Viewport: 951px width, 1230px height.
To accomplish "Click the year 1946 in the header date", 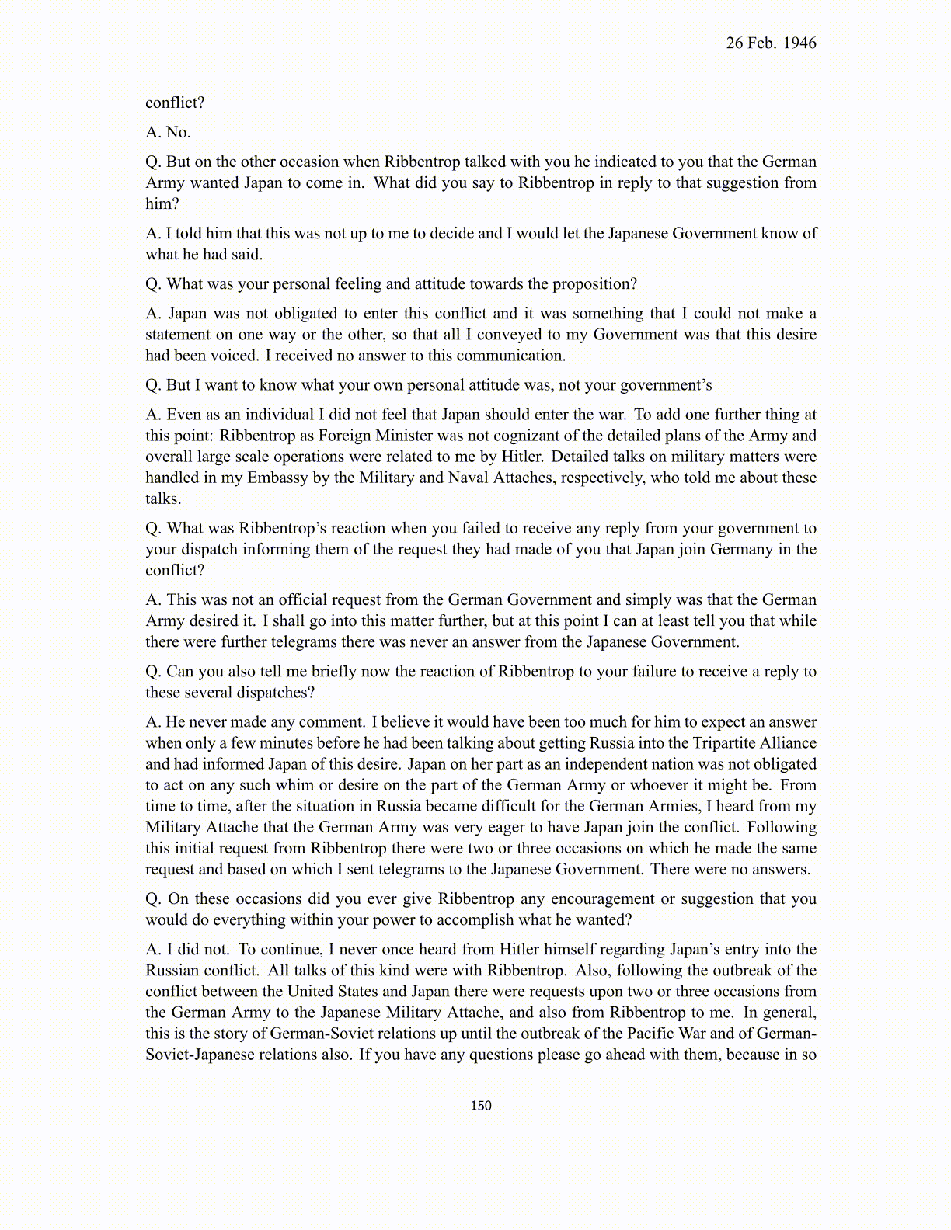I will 800,43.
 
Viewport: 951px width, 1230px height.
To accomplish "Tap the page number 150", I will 481,1106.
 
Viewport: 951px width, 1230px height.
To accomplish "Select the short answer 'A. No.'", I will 168,133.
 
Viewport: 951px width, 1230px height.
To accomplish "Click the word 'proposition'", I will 594,284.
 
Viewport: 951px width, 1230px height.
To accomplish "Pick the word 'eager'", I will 507,827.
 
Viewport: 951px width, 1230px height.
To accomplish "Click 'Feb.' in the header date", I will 762,43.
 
